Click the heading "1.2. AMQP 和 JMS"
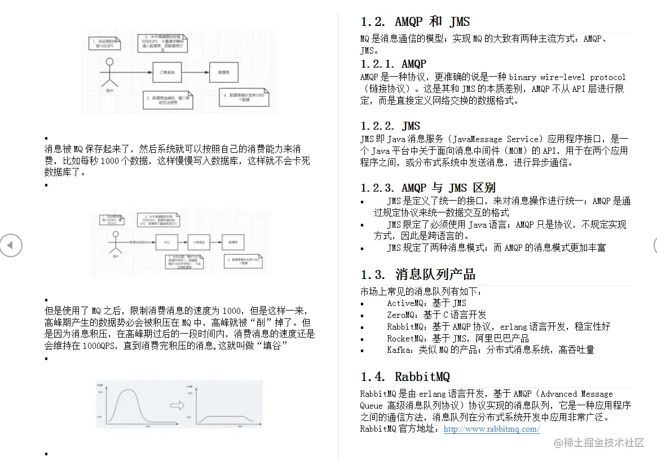coord(415,22)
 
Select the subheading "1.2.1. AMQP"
coord(393,64)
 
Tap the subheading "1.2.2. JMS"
coord(390,126)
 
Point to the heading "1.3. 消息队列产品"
coord(418,274)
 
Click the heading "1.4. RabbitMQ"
coord(405,376)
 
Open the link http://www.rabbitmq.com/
coord(491,429)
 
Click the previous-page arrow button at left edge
coord(10,245)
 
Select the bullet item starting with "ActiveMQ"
coord(426,303)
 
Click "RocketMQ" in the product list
coord(407,338)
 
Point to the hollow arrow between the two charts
coord(177,405)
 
